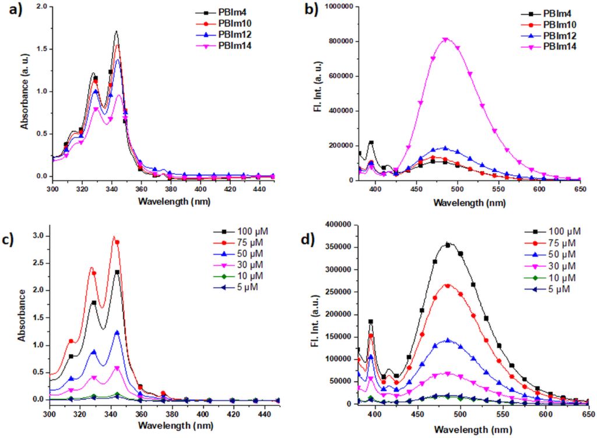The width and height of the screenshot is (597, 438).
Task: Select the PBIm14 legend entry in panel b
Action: (x=548, y=46)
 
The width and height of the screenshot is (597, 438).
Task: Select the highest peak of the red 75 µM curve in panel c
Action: (x=114, y=236)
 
